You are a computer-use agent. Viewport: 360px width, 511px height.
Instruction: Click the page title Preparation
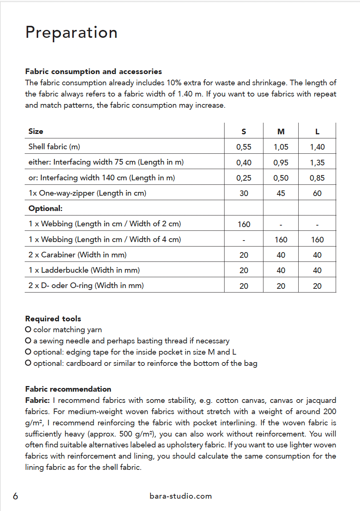[71, 33]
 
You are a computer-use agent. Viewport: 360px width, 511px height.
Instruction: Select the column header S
[244, 132]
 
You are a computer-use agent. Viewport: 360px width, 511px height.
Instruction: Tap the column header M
[281, 132]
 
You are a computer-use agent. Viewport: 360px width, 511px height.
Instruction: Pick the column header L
[317, 132]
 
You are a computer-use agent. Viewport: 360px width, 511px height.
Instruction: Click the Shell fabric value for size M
[281, 147]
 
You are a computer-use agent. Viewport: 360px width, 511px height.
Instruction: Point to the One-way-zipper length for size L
[317, 193]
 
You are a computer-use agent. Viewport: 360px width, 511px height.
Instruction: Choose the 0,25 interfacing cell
[244, 178]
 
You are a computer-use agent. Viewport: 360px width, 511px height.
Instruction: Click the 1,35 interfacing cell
[317, 163]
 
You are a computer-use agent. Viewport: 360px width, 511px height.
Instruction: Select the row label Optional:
[45, 208]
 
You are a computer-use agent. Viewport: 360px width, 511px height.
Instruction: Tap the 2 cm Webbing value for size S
[244, 224]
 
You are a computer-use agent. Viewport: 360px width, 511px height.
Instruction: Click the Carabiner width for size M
[281, 255]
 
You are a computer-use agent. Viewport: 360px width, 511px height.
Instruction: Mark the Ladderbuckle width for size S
[244, 270]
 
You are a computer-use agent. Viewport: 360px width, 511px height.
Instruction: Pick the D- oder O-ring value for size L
[317, 286]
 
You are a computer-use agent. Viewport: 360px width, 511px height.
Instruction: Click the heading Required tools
[53, 319]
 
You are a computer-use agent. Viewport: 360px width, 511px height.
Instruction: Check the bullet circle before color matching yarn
[28, 330]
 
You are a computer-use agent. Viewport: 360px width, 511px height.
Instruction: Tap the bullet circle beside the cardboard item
[28, 363]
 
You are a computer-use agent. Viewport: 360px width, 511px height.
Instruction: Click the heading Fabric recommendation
[68, 389]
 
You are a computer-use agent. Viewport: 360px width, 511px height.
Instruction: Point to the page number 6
[15, 496]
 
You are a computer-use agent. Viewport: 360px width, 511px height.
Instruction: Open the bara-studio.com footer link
[180, 496]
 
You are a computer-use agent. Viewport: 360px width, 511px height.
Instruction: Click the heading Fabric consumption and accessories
[94, 71]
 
